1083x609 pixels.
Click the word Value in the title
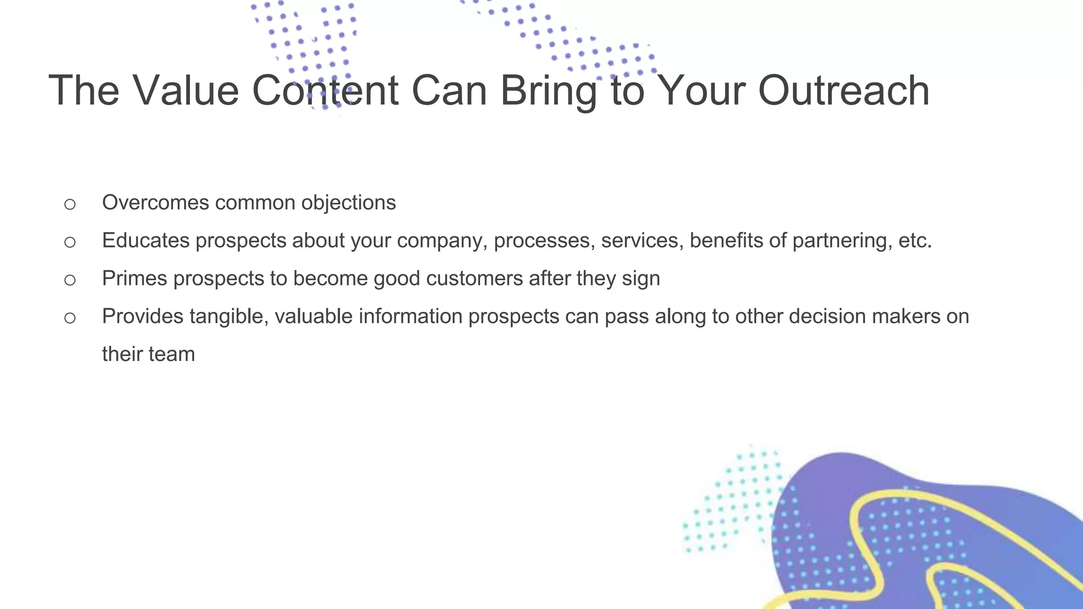186,90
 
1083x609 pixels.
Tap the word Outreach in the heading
843,90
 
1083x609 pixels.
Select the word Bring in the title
548,90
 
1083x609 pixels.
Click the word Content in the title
325,90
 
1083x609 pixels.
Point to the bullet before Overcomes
70,204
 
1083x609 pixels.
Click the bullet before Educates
70,242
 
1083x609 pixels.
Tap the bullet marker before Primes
70,280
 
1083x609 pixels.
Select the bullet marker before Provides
70,318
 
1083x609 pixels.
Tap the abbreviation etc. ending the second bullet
915,241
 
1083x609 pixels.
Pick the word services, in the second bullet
642,241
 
